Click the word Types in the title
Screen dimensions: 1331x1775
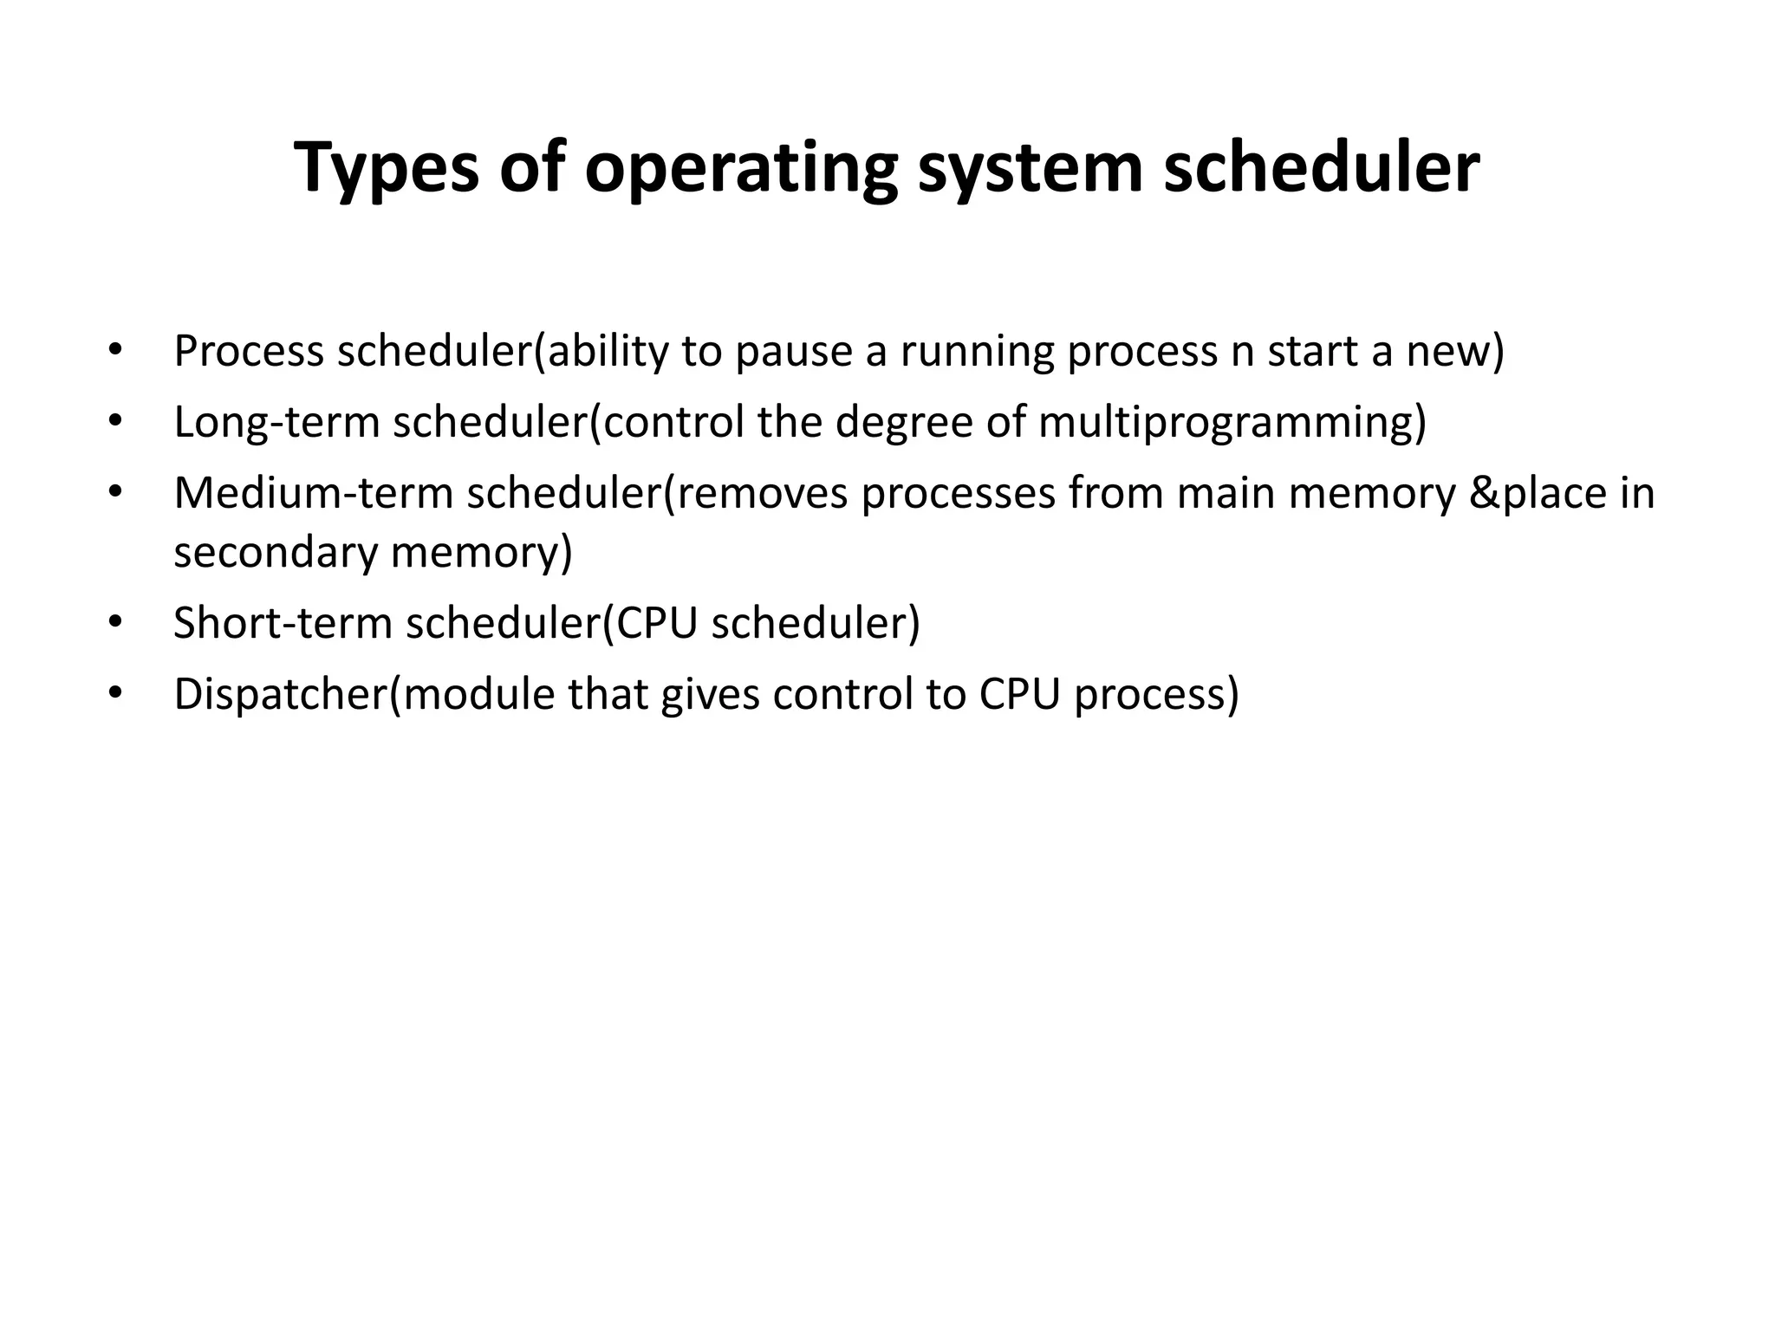(x=386, y=168)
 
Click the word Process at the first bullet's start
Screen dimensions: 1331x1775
(x=249, y=352)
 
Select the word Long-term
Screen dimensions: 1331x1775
(x=276, y=423)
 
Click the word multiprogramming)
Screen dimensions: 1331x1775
(x=1232, y=423)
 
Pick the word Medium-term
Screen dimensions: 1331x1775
(x=314, y=493)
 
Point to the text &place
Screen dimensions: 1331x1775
(x=1538, y=493)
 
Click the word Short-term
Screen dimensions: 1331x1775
(x=283, y=623)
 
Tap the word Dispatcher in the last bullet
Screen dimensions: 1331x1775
(x=280, y=694)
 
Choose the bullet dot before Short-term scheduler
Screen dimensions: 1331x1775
(x=114, y=623)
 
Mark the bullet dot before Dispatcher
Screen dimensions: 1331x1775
(x=114, y=694)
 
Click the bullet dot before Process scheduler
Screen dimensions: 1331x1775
(x=114, y=352)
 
